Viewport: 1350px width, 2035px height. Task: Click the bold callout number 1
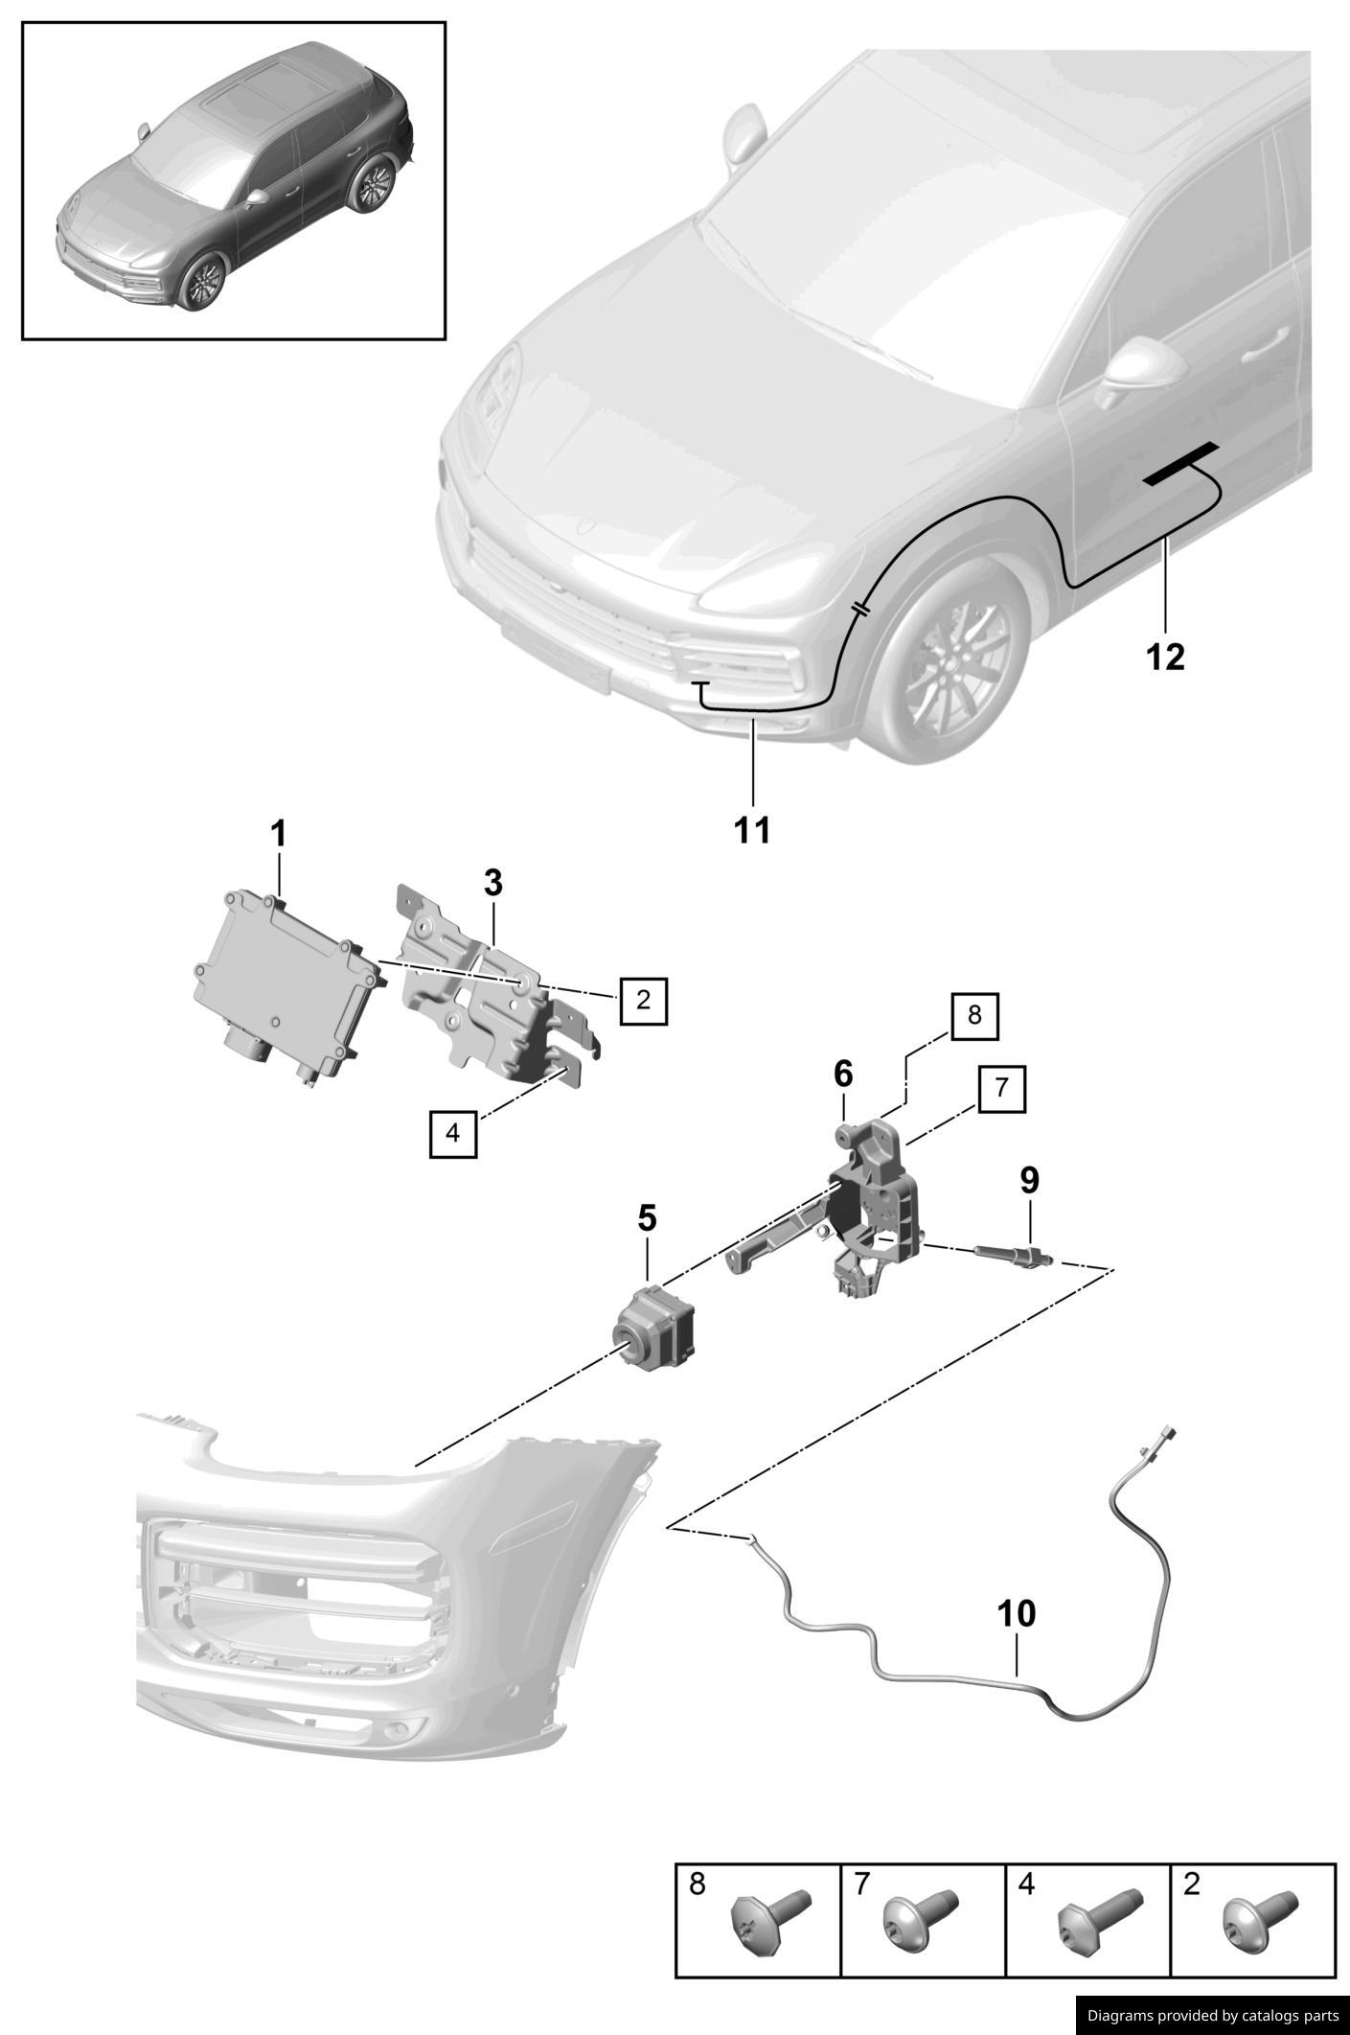pyautogui.click(x=279, y=834)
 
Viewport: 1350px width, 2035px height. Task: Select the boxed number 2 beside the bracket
pyautogui.click(x=643, y=1001)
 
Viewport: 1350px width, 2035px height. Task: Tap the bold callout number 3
pyautogui.click(x=492, y=882)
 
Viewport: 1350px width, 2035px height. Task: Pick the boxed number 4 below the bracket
pyautogui.click(x=453, y=1133)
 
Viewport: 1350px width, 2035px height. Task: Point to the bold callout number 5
pyautogui.click(x=648, y=1219)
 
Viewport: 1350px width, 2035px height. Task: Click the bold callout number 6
pyautogui.click(x=843, y=1075)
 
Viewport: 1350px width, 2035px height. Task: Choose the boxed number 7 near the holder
pyautogui.click(x=1001, y=1088)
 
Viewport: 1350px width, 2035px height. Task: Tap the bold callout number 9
pyautogui.click(x=1029, y=1180)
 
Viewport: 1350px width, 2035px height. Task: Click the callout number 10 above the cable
pyautogui.click(x=1017, y=1613)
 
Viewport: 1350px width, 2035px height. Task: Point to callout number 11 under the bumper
pyautogui.click(x=753, y=830)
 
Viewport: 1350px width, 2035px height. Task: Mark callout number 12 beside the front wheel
pyautogui.click(x=1166, y=657)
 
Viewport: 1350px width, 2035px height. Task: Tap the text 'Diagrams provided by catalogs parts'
pyautogui.click(x=1212, y=2015)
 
